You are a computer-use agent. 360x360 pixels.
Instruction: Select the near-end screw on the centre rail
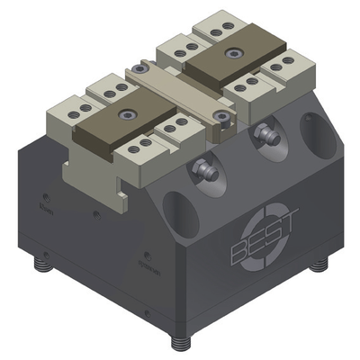point(220,117)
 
